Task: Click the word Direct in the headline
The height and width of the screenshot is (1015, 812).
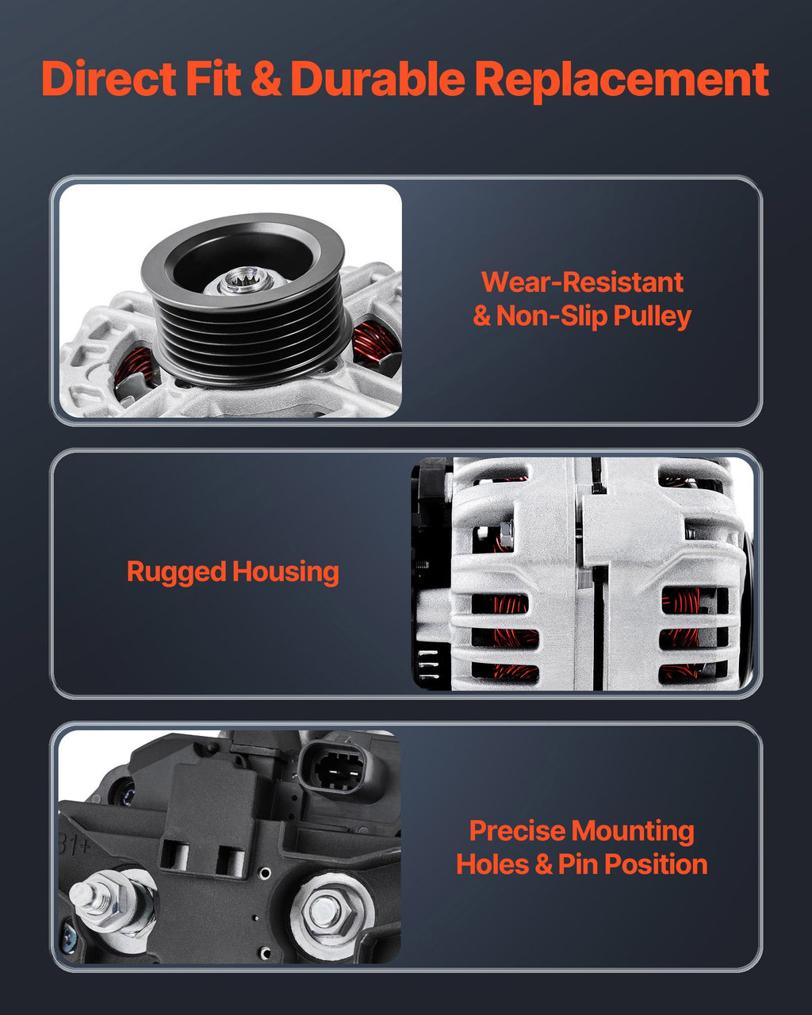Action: pyautogui.click(x=109, y=79)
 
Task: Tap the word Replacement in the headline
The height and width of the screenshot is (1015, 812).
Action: pyautogui.click(x=622, y=81)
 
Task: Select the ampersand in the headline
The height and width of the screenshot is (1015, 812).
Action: pyautogui.click(x=266, y=79)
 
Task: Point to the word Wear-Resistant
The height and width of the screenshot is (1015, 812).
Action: pyautogui.click(x=582, y=282)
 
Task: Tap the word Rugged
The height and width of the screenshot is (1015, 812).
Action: pyautogui.click(x=177, y=573)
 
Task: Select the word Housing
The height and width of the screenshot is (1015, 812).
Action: pyautogui.click(x=285, y=573)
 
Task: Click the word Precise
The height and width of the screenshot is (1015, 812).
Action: pyautogui.click(x=517, y=830)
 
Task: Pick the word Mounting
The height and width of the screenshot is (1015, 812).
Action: pyautogui.click(x=633, y=832)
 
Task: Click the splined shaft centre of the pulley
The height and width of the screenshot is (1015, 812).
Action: pyautogui.click(x=243, y=280)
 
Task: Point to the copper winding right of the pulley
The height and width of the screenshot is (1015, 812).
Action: pyautogui.click(x=376, y=340)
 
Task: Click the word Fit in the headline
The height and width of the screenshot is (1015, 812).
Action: pyautogui.click(x=213, y=79)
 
